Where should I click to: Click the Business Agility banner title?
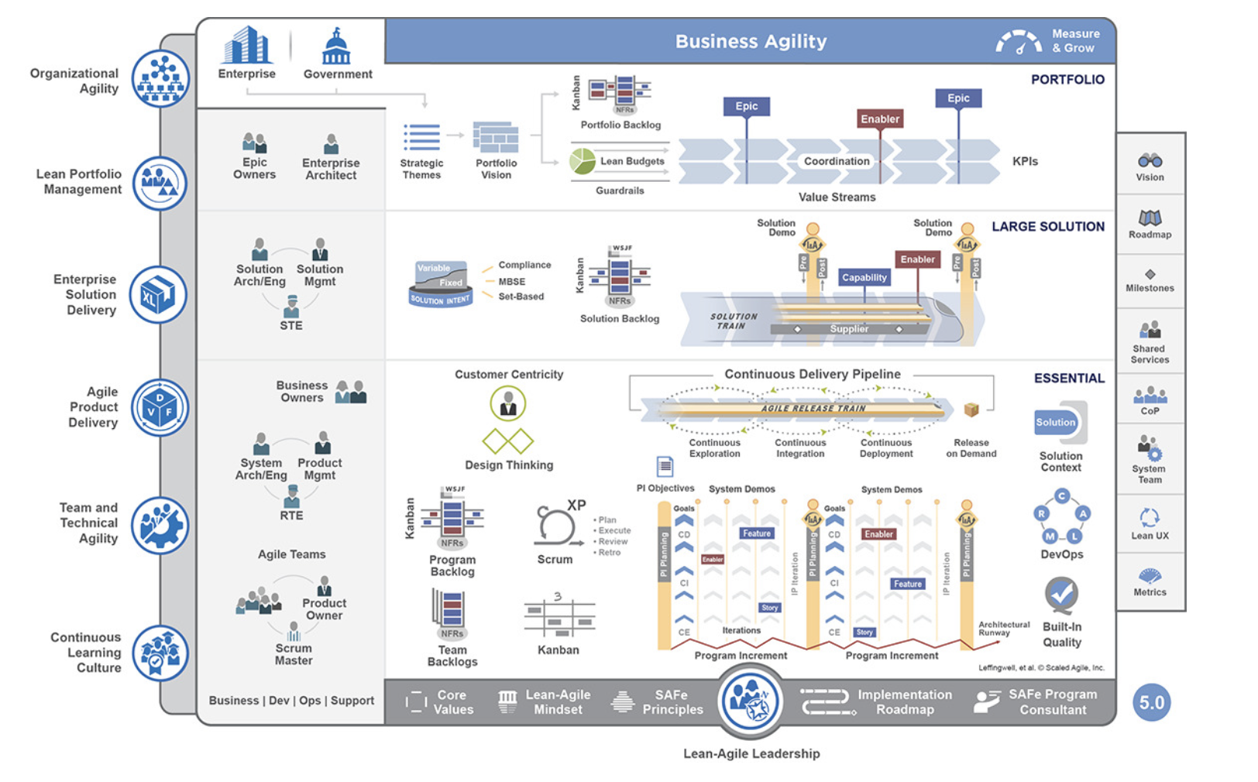(x=751, y=42)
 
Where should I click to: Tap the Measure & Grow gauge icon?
(x=1018, y=43)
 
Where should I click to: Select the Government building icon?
(x=336, y=48)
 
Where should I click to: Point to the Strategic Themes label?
(x=421, y=169)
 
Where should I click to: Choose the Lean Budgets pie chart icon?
(x=583, y=161)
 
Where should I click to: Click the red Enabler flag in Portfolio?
(x=880, y=119)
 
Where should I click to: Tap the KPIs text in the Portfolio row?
(x=1025, y=161)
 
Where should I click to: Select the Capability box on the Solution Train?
(x=864, y=277)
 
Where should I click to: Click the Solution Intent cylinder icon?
(x=441, y=284)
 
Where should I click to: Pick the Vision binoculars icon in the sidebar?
(x=1150, y=160)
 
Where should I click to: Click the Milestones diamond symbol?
(x=1150, y=274)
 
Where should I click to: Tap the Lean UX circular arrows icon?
(x=1150, y=517)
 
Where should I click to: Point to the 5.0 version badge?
(x=1151, y=702)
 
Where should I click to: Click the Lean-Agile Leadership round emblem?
(x=750, y=701)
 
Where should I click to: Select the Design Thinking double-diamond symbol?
(x=508, y=441)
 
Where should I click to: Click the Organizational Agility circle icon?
(x=160, y=79)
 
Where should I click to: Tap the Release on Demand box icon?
(x=971, y=410)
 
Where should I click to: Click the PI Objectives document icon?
(x=665, y=466)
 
